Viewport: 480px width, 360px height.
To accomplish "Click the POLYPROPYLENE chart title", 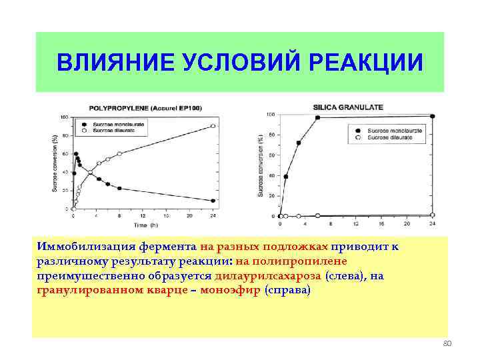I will coord(145,109).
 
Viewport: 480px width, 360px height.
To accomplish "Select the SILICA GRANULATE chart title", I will coord(347,107).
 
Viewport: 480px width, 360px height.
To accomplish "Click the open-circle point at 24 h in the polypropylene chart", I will coord(213,126).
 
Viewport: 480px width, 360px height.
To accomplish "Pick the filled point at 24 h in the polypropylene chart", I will coord(213,201).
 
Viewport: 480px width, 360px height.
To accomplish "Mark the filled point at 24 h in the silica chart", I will coord(433,116).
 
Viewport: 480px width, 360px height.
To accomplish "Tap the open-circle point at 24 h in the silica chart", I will coord(433,215).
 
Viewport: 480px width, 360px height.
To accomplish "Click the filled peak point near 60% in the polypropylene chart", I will coord(76,154).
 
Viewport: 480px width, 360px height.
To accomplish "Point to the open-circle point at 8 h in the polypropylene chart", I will coord(119,154).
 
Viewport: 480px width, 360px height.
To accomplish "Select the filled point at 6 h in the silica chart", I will coord(317,118).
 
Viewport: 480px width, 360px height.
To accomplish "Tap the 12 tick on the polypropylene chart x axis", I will coord(142,215).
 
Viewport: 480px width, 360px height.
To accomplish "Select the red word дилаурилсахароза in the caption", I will coord(269,275).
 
